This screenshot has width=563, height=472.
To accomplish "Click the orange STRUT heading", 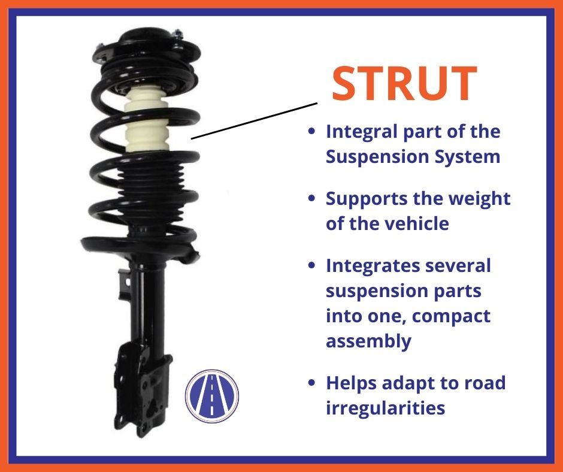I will pos(404,83).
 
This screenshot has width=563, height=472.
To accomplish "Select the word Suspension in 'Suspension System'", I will pos(376,158).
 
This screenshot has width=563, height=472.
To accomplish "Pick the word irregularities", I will pos(385,407).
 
